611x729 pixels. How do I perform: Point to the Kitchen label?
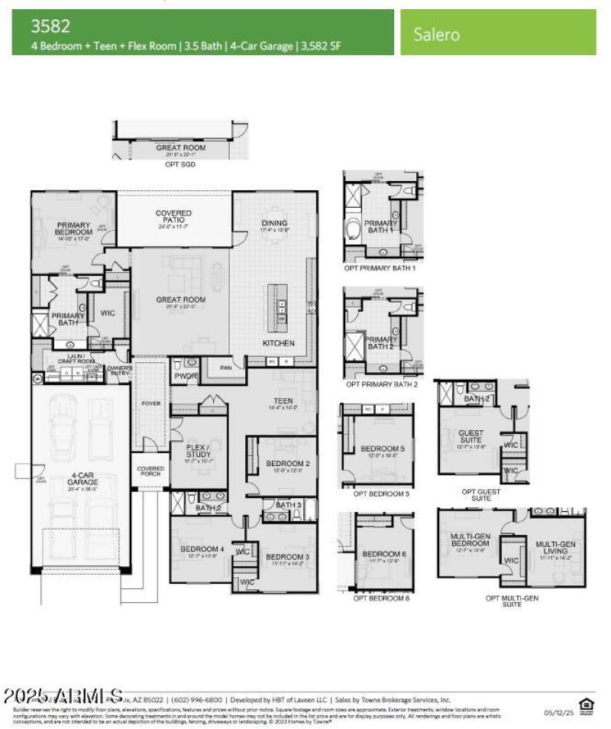pyautogui.click(x=278, y=343)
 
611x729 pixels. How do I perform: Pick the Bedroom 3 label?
pyautogui.click(x=287, y=556)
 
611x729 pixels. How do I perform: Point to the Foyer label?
pyautogui.click(x=151, y=403)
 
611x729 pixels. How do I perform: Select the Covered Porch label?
pyautogui.click(x=150, y=471)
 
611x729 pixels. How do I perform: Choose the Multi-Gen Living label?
pyautogui.click(x=555, y=548)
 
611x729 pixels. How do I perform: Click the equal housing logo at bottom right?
pyautogui.click(x=586, y=706)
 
